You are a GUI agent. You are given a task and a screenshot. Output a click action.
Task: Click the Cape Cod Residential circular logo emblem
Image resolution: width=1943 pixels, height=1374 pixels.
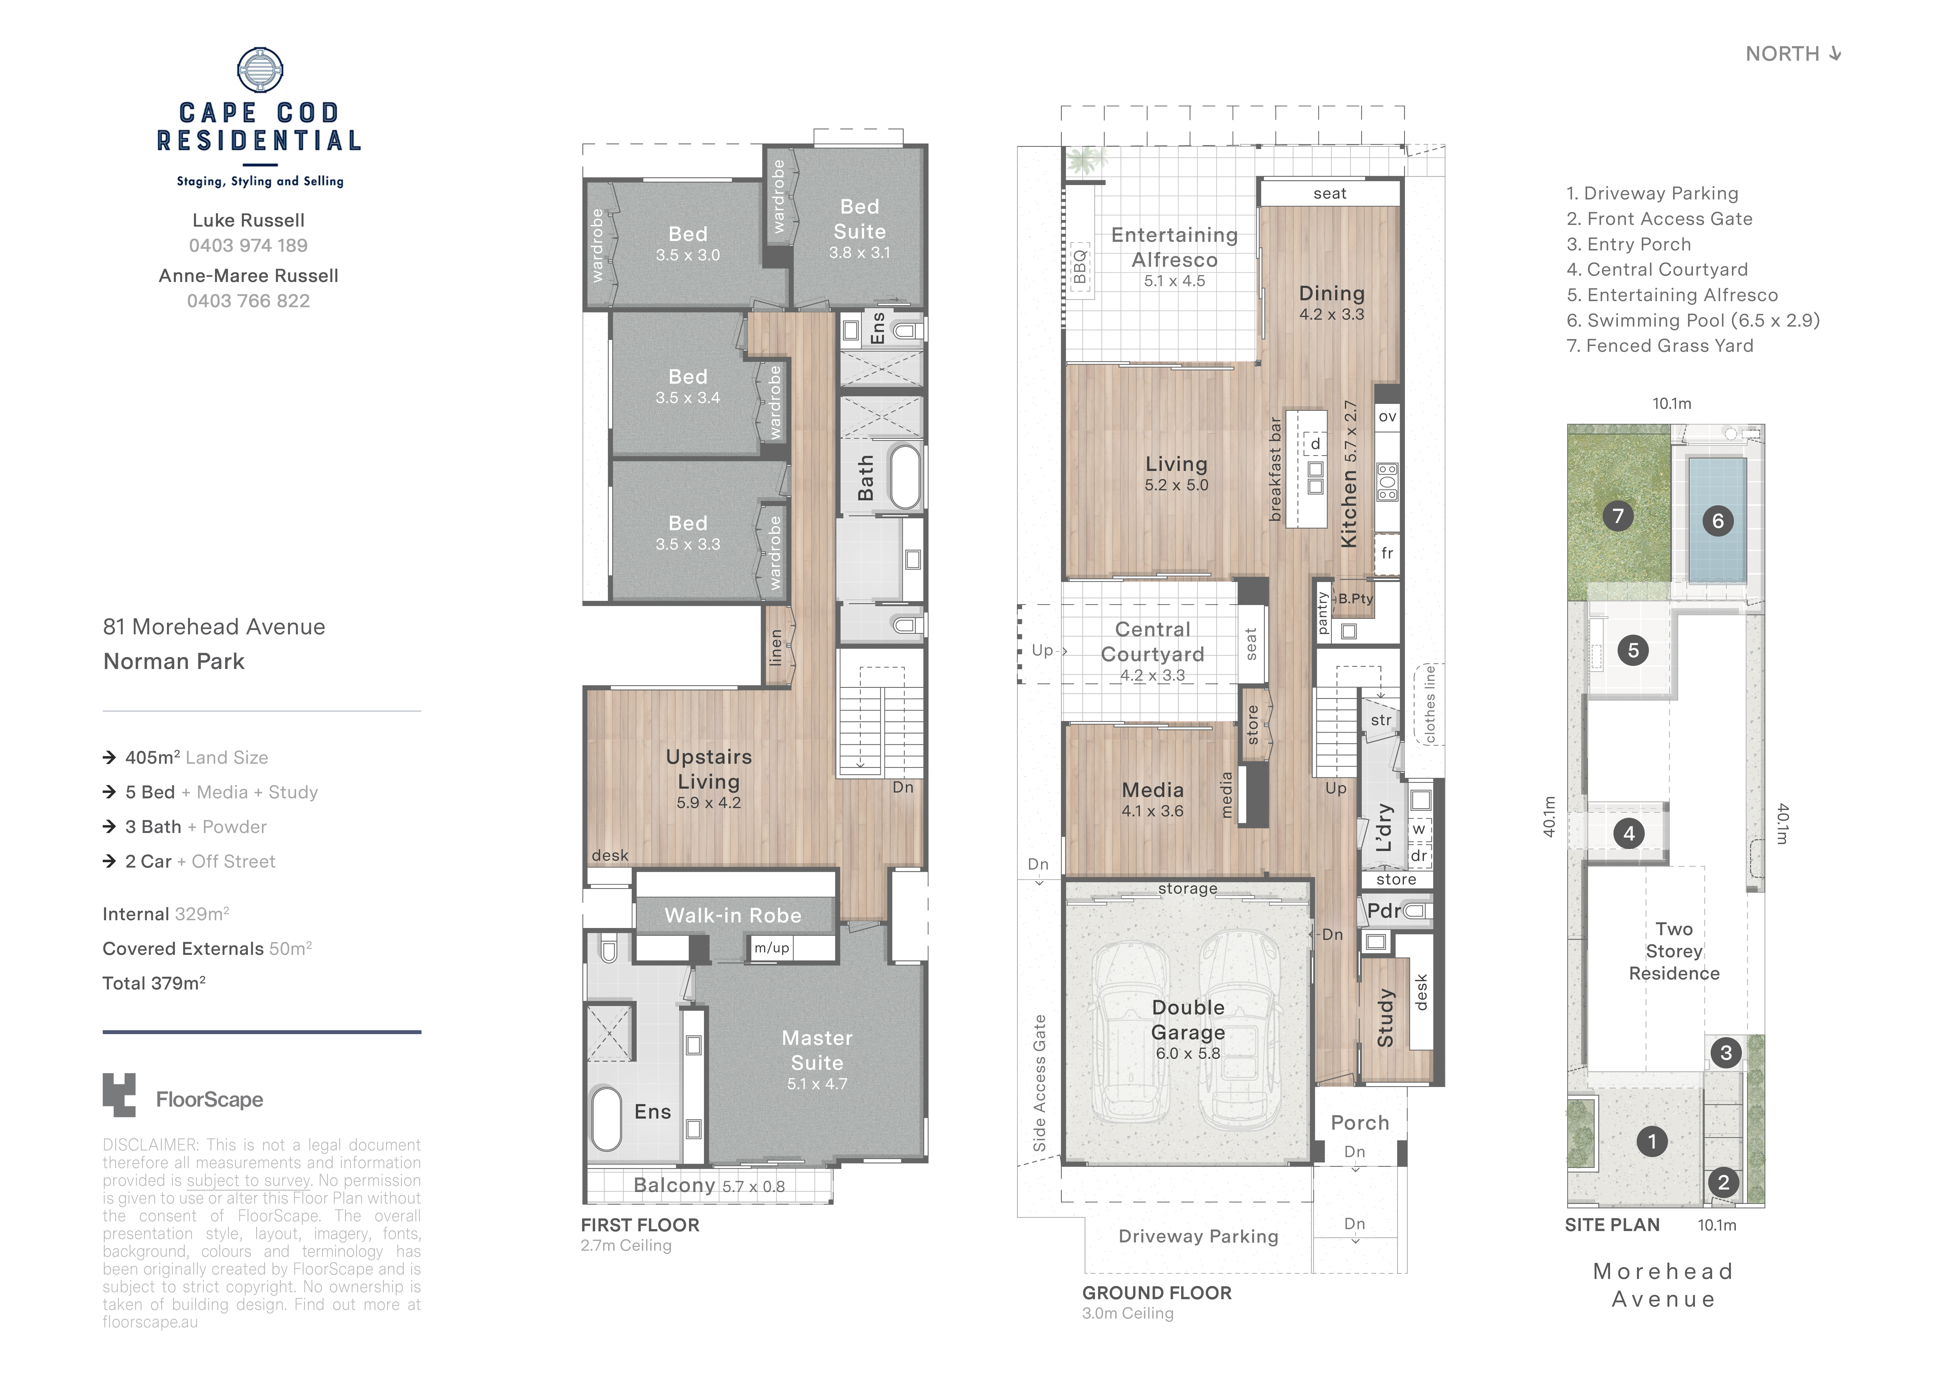coord(260,70)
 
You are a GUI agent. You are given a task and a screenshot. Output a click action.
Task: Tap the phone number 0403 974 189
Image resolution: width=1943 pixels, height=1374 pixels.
coord(248,245)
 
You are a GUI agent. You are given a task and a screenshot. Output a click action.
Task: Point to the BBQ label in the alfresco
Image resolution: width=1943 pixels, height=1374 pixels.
coord(1080,267)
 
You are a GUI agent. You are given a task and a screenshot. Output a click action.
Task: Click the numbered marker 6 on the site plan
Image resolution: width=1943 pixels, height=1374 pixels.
coord(1718,521)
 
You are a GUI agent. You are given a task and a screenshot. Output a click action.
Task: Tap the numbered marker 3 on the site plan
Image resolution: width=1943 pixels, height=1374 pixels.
coord(1726,1053)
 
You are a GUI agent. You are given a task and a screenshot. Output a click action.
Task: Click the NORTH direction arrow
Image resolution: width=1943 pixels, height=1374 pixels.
coord(1835,53)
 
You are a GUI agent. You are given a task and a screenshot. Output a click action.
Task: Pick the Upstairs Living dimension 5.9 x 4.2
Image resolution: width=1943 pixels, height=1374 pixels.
coord(708,803)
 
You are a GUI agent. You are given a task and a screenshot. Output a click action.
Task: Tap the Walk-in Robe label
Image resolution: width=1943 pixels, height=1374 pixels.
coord(733,915)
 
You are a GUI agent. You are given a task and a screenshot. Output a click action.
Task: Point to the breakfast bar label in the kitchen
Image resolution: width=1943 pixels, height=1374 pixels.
coord(1275,469)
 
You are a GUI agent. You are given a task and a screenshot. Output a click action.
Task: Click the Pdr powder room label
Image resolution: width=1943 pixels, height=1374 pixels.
coord(1384,911)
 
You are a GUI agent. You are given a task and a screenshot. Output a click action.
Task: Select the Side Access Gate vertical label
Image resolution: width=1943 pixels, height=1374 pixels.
coord(1039,1084)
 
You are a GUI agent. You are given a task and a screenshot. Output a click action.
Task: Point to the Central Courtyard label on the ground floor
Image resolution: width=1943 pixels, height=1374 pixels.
coord(1153,642)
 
